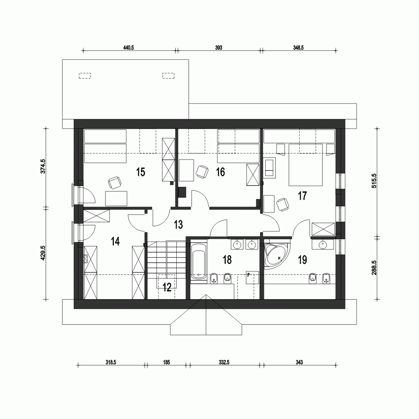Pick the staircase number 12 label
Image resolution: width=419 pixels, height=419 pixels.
pyautogui.click(x=167, y=287)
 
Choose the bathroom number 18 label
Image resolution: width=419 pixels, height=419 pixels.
pyautogui.click(x=227, y=260)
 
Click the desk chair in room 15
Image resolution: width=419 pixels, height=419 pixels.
pyautogui.click(x=115, y=182)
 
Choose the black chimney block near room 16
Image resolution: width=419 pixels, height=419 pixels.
pyautogui.click(x=182, y=191)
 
